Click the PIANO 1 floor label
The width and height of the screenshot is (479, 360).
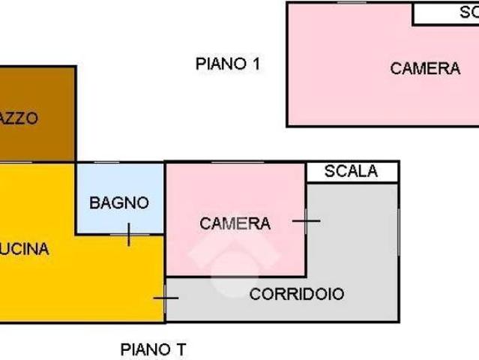pyautogui.click(x=228, y=64)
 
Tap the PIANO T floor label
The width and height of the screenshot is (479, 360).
pyautogui.click(x=154, y=349)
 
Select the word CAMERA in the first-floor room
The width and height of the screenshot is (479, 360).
pyautogui.click(x=425, y=68)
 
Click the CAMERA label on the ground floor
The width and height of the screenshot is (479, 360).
pyautogui.click(x=235, y=223)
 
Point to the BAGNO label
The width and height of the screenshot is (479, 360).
pyautogui.click(x=119, y=202)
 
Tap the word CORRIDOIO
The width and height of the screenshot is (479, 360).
pyautogui.click(x=297, y=294)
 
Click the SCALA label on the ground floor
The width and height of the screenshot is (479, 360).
pyautogui.click(x=351, y=172)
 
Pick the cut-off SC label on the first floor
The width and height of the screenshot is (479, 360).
pyautogui.click(x=469, y=13)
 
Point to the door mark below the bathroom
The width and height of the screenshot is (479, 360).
pyautogui.click(x=128, y=235)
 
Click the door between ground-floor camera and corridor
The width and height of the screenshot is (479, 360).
pyautogui.click(x=306, y=220)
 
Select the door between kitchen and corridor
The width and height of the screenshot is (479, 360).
pyautogui.click(x=165, y=298)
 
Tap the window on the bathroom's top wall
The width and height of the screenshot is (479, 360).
pyautogui.click(x=119, y=162)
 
